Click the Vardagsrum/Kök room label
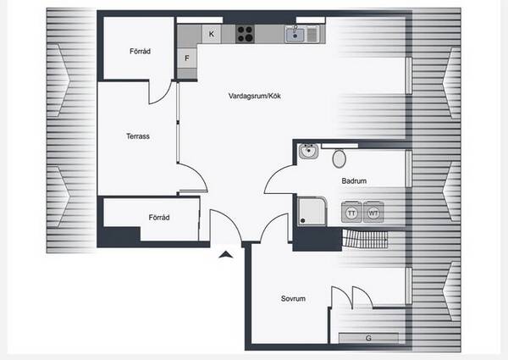254,96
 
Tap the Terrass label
138,136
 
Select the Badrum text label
354,180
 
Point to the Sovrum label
293,298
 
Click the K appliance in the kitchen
212,34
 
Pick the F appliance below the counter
187,58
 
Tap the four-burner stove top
245,34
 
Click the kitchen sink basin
295,35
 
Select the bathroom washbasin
308,151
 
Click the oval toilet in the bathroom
339,158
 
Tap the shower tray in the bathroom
312,211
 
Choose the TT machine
352,213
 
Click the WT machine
373,213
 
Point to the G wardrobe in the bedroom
368,338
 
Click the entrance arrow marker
226,254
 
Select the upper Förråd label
140,51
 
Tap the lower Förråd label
159,218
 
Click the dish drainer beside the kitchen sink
312,35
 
